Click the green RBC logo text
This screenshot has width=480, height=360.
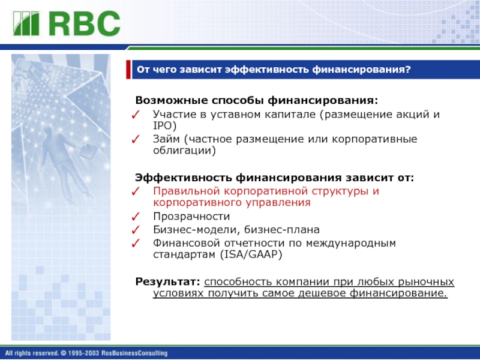tap(85, 23)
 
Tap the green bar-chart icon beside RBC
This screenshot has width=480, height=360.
tap(26, 23)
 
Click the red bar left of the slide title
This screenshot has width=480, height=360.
tap(128, 70)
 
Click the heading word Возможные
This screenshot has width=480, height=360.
tap(172, 100)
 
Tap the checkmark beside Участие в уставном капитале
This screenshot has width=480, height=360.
tap(136, 115)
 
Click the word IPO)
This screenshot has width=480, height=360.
tap(164, 126)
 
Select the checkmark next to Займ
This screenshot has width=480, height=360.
tap(136, 139)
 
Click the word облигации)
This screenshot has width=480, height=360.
tap(184, 151)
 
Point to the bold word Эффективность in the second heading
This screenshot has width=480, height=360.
tap(184, 178)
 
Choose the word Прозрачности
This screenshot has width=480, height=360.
tap(191, 217)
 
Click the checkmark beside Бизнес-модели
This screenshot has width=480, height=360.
tap(136, 230)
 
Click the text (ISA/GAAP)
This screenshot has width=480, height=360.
tap(251, 254)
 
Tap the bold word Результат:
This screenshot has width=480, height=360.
tap(168, 281)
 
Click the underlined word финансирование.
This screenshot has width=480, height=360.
tap(398, 293)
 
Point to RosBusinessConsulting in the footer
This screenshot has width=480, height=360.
tap(134, 353)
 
